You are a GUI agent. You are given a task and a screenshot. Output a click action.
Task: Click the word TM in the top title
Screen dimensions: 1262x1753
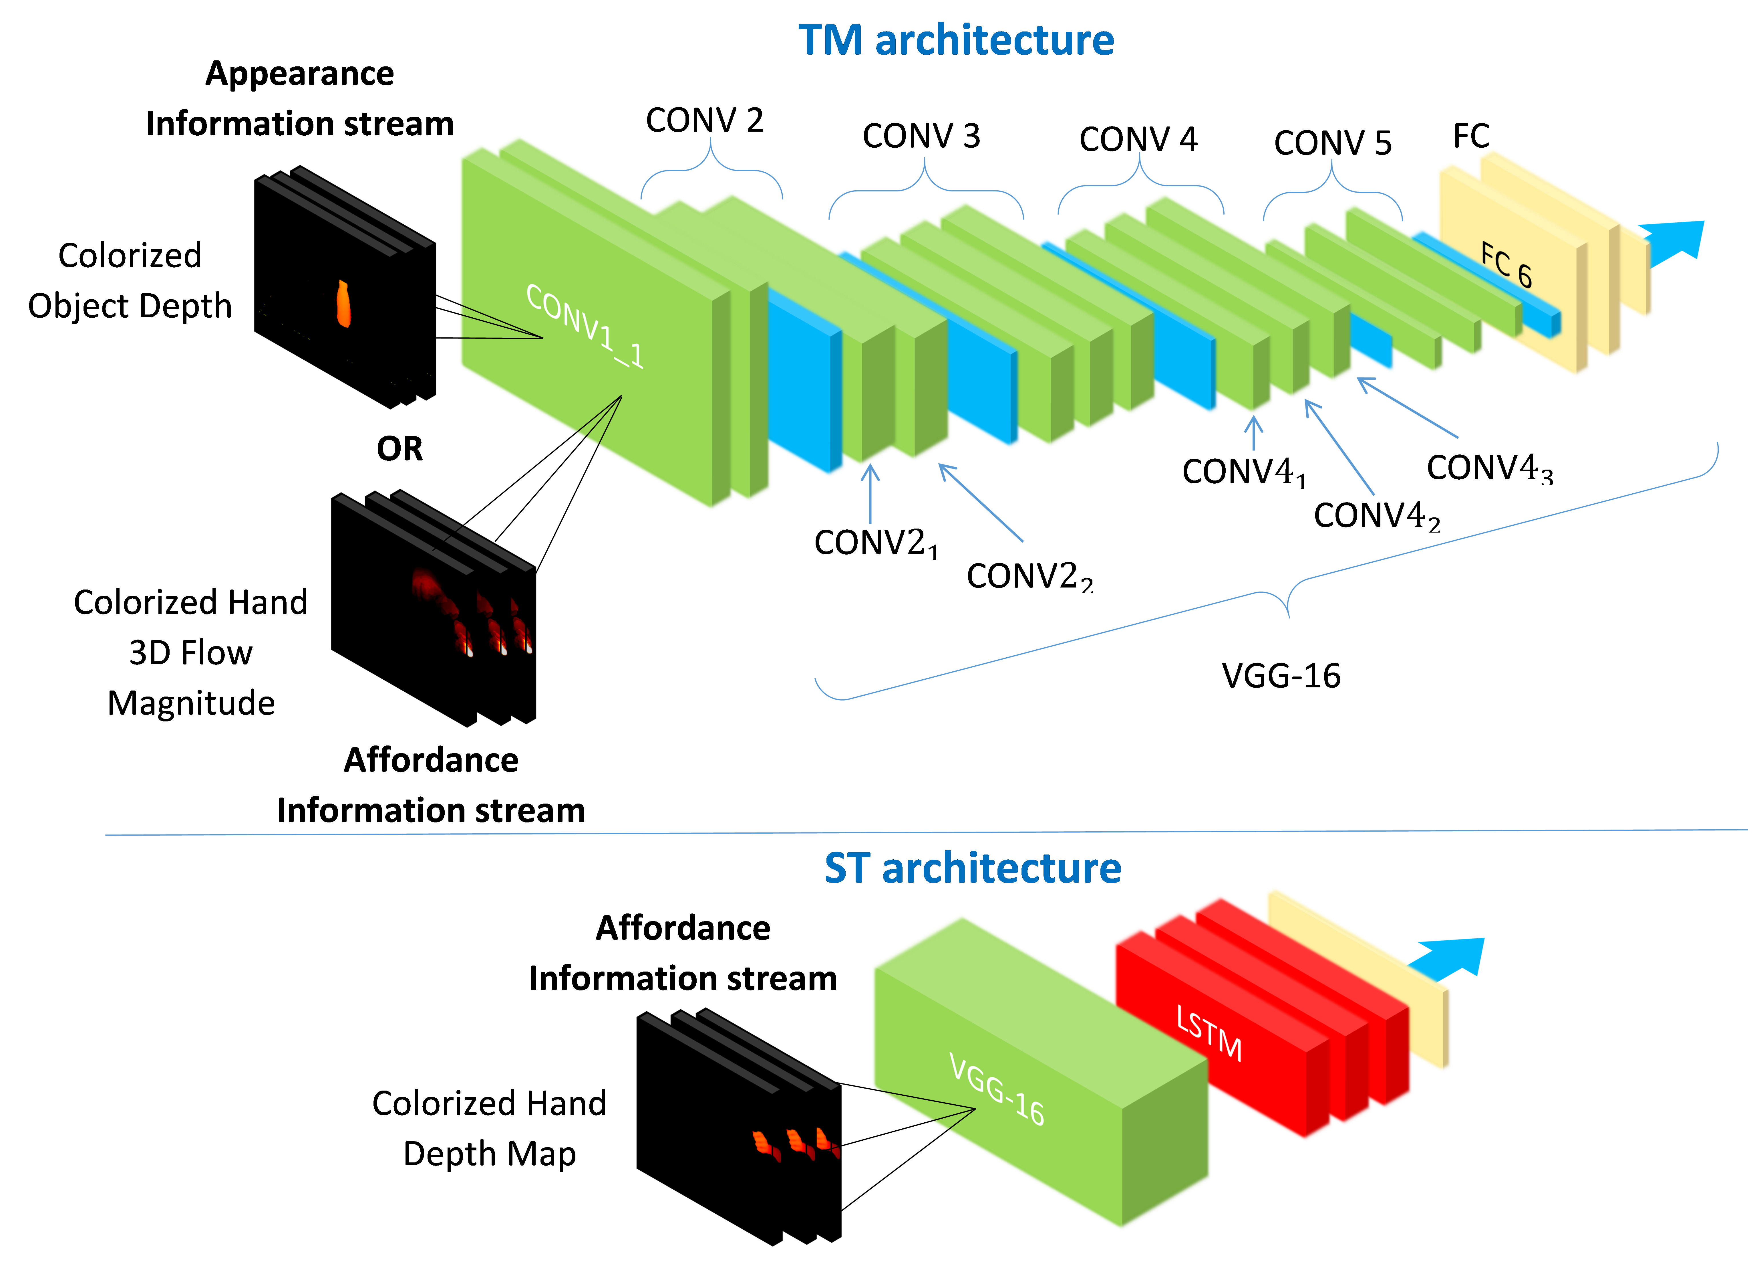point(829,40)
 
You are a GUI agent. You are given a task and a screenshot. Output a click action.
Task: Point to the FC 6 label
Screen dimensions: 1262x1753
point(1506,264)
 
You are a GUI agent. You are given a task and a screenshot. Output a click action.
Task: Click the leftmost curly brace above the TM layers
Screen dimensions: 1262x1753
point(711,166)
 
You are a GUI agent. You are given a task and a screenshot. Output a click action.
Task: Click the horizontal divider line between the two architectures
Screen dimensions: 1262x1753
point(927,833)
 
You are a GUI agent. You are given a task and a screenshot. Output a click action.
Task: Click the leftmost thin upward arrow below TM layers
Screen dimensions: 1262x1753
point(870,495)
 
